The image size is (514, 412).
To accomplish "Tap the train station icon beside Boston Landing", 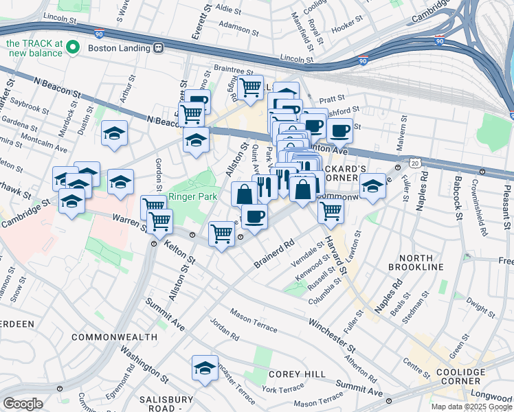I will (158, 48).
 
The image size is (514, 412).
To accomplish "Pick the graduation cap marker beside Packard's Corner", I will (372, 186).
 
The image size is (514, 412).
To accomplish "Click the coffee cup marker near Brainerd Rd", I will (254, 216).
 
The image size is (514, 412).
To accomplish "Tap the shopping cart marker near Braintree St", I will (251, 87).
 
